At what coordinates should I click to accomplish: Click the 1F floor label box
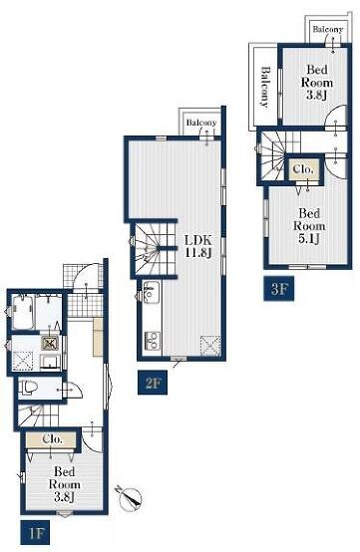35,532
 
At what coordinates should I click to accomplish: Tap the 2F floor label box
153,383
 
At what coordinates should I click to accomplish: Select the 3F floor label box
278,289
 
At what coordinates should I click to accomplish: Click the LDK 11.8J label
198,246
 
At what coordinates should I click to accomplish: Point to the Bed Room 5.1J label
309,225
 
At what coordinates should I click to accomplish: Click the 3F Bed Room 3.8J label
317,83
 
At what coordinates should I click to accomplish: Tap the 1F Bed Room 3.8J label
64,484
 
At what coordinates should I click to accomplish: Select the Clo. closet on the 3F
303,169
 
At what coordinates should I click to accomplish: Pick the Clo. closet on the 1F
52,439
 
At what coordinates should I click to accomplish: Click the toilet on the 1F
28,388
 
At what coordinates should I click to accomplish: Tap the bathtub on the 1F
23,312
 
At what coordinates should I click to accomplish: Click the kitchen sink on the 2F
152,292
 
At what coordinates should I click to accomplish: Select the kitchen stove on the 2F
153,341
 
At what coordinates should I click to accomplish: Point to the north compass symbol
130,498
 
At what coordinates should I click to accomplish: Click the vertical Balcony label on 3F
265,87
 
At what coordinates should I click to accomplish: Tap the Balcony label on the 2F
201,123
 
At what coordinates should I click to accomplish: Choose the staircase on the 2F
154,249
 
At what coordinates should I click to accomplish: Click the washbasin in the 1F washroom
50,362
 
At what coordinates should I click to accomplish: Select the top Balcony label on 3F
328,29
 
